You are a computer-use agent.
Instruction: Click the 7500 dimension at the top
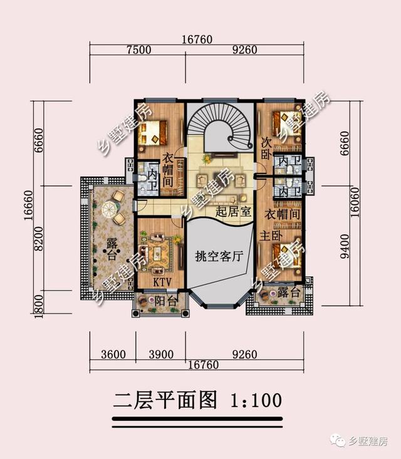click(138, 51)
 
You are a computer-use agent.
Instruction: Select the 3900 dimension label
click(160, 354)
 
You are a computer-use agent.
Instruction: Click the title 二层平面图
click(165, 399)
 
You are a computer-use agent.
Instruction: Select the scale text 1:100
click(256, 399)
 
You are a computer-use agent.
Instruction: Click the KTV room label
click(163, 282)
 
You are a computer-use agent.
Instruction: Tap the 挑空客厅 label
click(219, 255)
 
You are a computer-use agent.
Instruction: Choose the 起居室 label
click(232, 212)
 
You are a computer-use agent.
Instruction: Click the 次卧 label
click(266, 148)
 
